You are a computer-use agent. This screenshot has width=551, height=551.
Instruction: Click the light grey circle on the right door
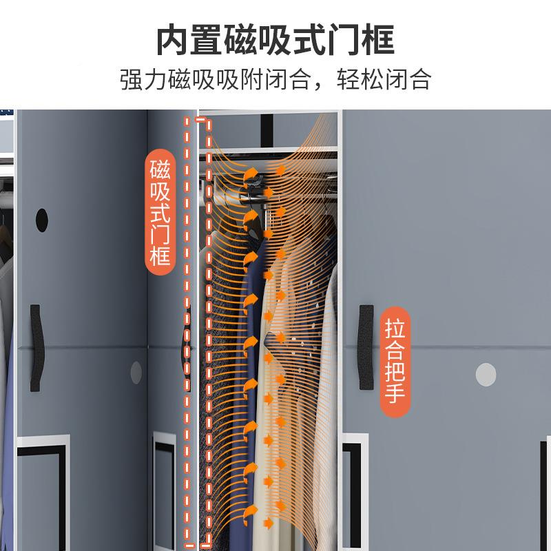pyautogui.click(x=486, y=374)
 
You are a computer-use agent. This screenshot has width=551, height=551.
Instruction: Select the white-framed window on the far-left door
pyautogui.click(x=43, y=475)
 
